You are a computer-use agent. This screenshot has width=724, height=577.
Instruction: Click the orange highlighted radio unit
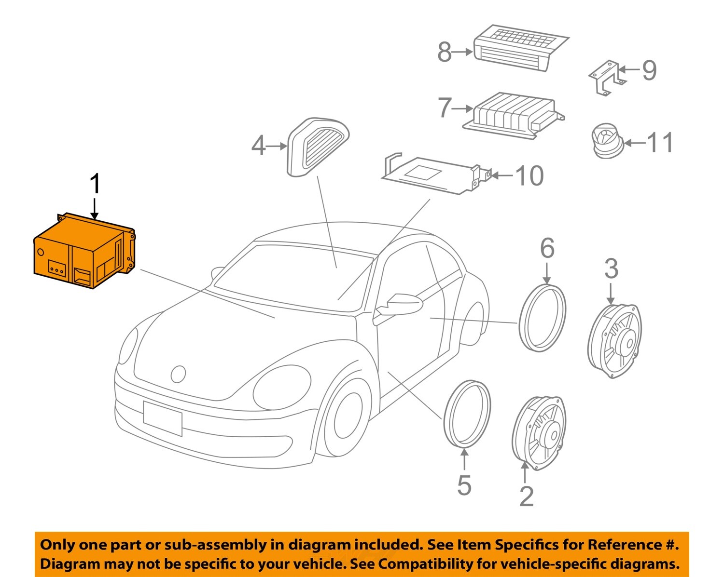point(84,251)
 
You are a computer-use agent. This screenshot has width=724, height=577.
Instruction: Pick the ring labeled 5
point(467,413)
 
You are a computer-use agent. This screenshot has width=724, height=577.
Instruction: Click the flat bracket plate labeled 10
point(432,176)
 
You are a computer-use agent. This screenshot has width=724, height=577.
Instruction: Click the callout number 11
point(660,143)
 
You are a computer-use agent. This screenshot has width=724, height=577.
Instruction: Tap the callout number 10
point(529,175)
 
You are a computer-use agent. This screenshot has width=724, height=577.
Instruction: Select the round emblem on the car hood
point(178,374)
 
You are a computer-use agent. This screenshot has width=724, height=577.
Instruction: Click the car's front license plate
point(162,418)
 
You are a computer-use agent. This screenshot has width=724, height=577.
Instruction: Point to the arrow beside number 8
point(463,52)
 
